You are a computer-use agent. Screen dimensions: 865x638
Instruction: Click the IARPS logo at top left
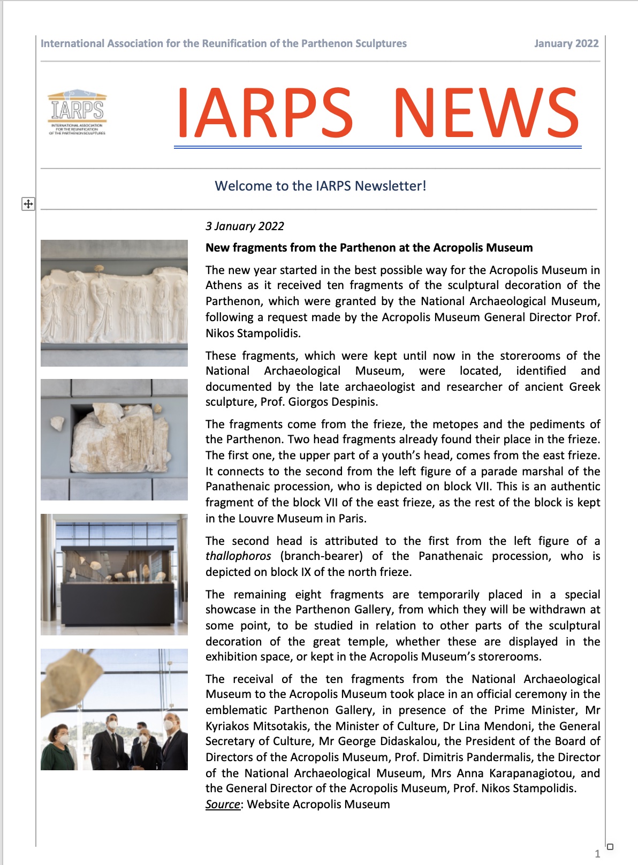78,112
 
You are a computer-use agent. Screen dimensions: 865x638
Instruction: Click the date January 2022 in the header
566,43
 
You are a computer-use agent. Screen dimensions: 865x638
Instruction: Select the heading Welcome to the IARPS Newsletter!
320,186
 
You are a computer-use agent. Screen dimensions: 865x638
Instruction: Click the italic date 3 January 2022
245,226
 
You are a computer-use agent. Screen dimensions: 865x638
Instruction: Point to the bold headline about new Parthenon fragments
369,247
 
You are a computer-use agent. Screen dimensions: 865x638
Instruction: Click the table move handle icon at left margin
28,204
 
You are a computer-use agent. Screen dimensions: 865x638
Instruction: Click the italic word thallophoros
238,556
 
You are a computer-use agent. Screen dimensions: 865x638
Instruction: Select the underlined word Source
222,804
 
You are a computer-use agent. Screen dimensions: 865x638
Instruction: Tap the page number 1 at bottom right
597,854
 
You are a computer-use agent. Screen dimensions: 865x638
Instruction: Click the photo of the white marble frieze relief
114,302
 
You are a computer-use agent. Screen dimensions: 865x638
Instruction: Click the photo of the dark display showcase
114,574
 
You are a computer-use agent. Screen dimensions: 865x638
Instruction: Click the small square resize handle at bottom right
610,847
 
